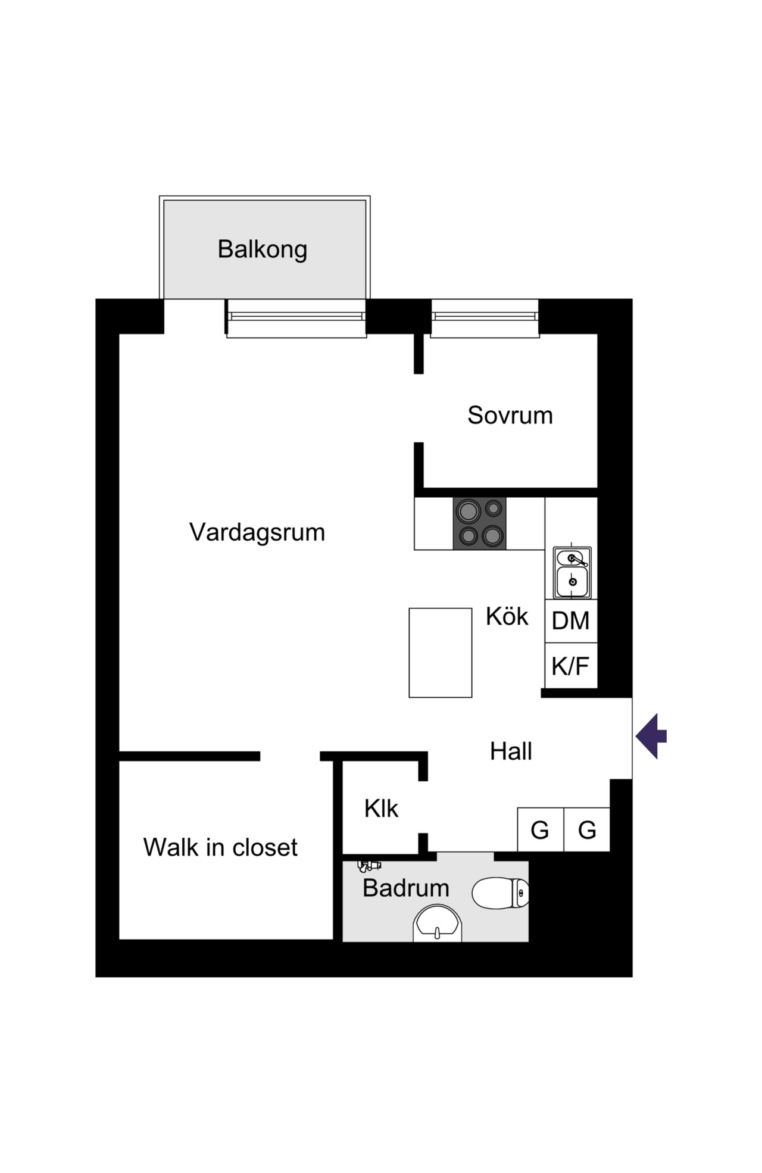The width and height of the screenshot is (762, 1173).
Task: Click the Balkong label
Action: [263, 249]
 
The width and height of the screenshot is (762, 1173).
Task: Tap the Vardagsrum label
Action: [257, 532]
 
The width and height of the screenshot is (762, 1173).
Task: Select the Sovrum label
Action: [510, 416]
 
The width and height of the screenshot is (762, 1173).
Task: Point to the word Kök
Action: [507, 616]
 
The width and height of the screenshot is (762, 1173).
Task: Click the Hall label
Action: [511, 751]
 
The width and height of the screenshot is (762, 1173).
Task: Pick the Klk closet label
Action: [381, 809]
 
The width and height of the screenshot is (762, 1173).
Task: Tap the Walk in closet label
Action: [220, 847]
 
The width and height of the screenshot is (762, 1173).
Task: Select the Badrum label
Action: [406, 888]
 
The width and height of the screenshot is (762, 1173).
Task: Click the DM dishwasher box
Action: [571, 621]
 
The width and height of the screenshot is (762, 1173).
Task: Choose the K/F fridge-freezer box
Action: [571, 666]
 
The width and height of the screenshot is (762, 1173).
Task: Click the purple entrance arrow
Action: [651, 736]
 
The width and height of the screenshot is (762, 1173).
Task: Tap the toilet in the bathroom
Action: [501, 893]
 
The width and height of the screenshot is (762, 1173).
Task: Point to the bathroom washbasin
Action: [438, 924]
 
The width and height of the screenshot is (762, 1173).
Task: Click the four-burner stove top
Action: [479, 523]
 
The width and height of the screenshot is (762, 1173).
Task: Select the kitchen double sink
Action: [572, 572]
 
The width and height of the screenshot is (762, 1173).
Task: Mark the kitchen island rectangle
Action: [441, 653]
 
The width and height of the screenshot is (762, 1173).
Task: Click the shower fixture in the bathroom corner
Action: [369, 865]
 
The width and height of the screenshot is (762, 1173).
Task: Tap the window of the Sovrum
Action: [485, 319]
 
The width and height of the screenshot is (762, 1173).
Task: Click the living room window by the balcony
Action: [296, 319]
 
